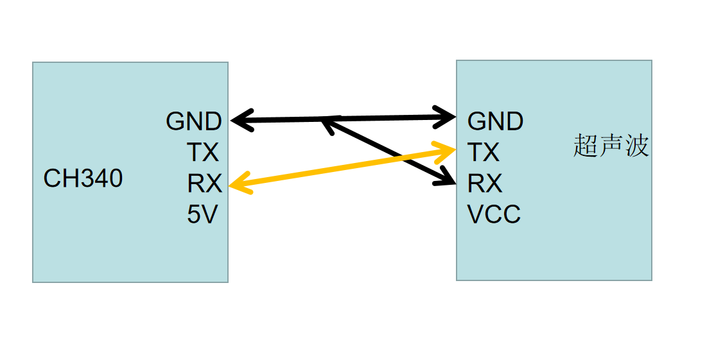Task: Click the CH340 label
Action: click(x=83, y=178)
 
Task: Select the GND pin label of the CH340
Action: click(x=194, y=121)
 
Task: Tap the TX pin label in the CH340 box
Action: click(x=203, y=153)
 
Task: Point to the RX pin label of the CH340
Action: click(x=204, y=184)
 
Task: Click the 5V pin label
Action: click(x=203, y=215)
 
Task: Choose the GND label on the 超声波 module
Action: click(x=495, y=121)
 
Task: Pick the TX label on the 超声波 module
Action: click(x=484, y=153)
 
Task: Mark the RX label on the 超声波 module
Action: click(x=485, y=184)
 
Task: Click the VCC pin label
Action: click(x=494, y=215)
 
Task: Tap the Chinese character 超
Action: click(x=586, y=147)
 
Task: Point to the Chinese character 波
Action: click(x=636, y=147)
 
